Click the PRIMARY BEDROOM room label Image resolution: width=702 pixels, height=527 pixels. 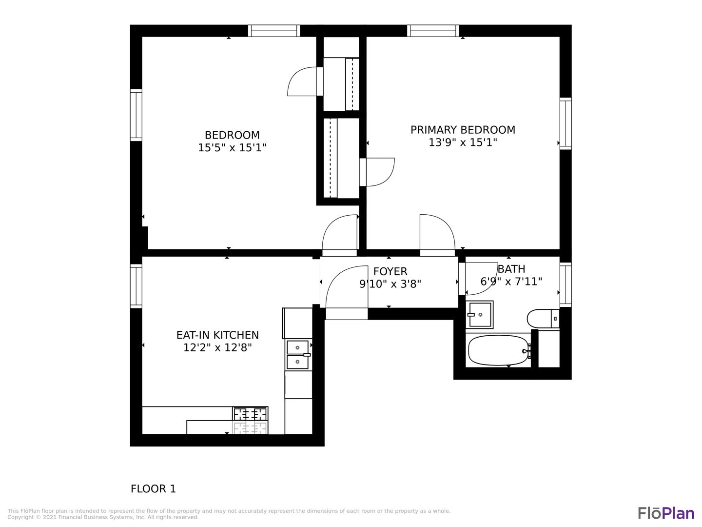463,130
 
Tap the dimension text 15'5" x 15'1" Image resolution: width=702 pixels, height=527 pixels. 232,148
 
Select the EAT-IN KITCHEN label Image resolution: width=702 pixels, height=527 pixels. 217,335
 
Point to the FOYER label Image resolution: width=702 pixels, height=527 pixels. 390,271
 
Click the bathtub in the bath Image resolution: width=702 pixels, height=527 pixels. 498,350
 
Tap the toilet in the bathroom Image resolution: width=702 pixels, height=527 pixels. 543,318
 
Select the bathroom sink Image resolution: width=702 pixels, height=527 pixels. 479,315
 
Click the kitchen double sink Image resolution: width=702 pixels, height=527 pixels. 298,355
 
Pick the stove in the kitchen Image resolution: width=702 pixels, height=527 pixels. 250,421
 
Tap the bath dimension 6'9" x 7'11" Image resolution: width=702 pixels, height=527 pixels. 511,282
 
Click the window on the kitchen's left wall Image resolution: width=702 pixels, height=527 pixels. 136,286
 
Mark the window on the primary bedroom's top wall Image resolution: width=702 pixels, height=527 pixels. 433,31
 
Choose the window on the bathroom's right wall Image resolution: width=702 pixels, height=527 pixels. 565,285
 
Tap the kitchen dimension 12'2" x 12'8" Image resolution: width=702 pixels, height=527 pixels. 217,347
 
